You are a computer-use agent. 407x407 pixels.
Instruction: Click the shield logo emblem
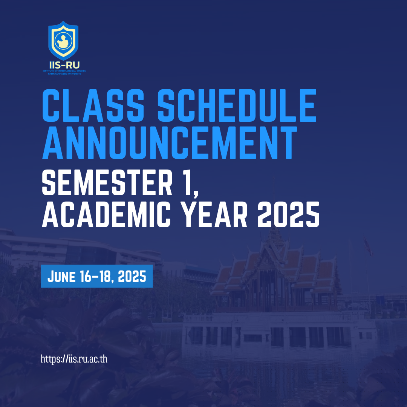[x=63, y=40]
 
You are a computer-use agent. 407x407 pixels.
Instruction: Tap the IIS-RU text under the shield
[x=64, y=65]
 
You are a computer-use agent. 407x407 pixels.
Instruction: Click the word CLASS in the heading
[x=93, y=106]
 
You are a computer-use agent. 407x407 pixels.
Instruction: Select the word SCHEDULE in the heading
[x=237, y=106]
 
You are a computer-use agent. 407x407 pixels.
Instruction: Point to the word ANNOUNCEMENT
[x=170, y=142]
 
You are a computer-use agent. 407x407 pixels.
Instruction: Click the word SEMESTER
[x=107, y=182]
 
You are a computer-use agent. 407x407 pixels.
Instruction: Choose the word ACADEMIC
[x=106, y=215]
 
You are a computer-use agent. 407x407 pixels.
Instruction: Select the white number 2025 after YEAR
[x=288, y=215]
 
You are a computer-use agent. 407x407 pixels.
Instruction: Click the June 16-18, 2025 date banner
[x=96, y=276]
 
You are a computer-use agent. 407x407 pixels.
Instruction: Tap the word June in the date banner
[x=61, y=276]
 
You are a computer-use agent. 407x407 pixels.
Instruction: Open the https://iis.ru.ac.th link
[x=74, y=359]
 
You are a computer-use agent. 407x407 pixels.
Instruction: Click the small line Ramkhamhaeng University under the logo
[x=65, y=74]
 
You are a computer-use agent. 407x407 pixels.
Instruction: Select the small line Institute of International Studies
[x=64, y=71]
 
